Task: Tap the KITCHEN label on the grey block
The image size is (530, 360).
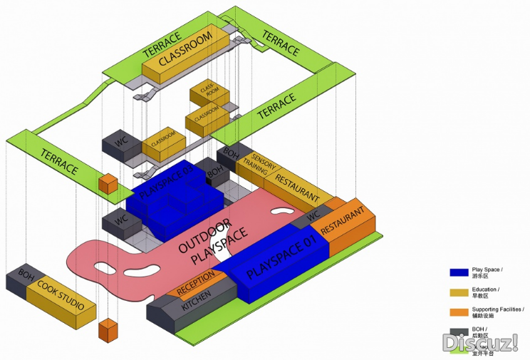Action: [x=197, y=300]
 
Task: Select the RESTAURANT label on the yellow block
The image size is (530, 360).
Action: [x=297, y=185]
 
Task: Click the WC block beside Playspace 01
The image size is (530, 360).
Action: [x=313, y=217]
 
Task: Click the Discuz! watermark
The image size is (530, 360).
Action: [x=480, y=344]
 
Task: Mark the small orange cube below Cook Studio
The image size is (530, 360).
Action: [x=108, y=331]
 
